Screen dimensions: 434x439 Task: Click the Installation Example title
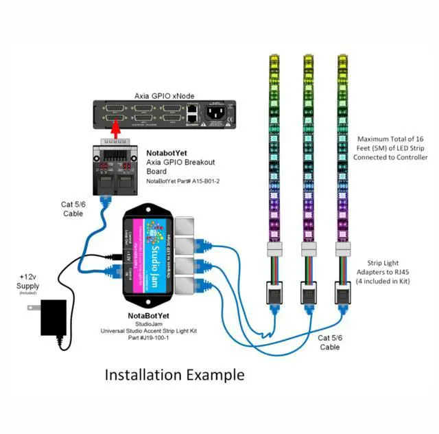pos(174,375)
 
